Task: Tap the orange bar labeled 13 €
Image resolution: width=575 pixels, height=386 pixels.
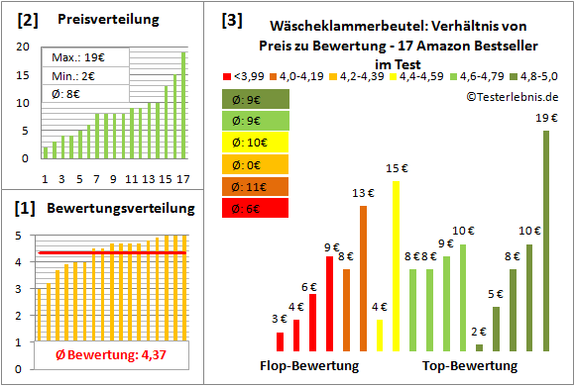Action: coord(363,278)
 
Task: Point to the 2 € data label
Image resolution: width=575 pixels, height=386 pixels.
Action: coord(479,332)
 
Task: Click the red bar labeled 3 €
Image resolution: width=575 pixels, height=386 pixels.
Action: coord(281,341)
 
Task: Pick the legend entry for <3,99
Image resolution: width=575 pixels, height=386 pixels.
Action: coord(247,75)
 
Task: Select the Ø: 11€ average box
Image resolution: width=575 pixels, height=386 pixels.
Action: coord(256,186)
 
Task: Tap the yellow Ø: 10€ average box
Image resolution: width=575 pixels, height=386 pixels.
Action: coord(256,142)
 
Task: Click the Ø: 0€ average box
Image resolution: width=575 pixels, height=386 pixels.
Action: coord(256,164)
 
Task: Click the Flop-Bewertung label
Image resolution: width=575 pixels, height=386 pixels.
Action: coord(308,366)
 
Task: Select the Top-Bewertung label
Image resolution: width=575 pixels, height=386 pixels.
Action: coord(470,366)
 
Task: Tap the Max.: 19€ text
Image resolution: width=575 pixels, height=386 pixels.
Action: coord(68,57)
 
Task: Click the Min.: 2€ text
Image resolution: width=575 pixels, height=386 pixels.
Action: coord(65,75)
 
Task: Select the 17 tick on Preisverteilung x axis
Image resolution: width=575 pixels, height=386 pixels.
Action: coord(181,179)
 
